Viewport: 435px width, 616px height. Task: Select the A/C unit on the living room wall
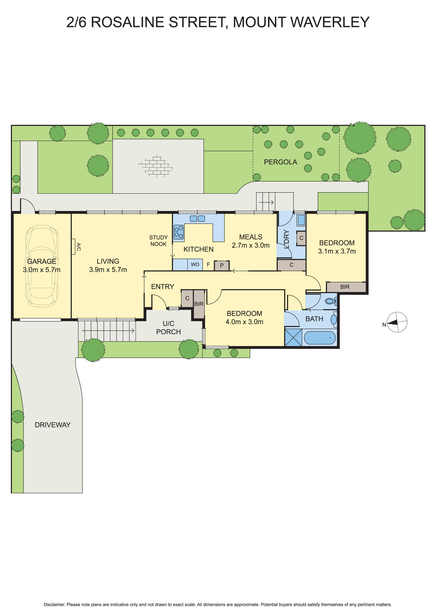[73, 247]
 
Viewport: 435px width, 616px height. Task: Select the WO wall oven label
[195, 265]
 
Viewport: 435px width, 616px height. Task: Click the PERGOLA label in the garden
[280, 162]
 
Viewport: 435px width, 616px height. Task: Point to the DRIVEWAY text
[53, 425]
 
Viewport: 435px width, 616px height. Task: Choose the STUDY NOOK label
[159, 241]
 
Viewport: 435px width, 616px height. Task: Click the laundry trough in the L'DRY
[301, 220]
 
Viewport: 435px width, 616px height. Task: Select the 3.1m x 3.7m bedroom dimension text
[337, 251]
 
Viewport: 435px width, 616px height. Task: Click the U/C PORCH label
[169, 328]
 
